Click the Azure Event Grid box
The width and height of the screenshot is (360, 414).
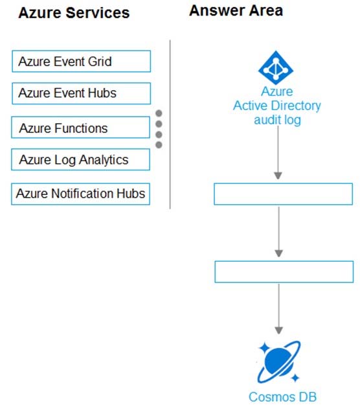click(82, 62)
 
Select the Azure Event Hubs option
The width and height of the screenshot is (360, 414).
click(82, 93)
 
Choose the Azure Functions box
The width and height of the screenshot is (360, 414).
click(80, 127)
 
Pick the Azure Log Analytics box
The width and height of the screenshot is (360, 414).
click(80, 159)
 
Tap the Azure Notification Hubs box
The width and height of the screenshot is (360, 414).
click(80, 194)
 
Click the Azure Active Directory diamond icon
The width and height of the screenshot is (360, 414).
click(276, 68)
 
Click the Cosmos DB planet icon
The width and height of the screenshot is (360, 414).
click(278, 362)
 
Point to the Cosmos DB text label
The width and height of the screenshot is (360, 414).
click(282, 397)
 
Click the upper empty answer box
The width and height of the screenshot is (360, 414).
click(283, 194)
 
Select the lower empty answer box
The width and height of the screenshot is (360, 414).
click(284, 271)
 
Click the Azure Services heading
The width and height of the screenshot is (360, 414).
click(74, 13)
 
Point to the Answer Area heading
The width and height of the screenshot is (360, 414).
click(236, 10)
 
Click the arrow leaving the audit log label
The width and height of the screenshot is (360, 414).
click(278, 153)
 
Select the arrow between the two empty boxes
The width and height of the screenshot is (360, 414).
click(278, 232)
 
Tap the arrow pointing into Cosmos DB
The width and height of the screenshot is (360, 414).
click(278, 309)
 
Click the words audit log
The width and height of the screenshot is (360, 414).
click(277, 120)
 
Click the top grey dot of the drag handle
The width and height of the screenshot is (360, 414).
click(159, 113)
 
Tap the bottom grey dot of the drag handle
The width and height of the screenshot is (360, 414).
click(159, 144)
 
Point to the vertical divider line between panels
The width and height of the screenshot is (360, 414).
click(170, 124)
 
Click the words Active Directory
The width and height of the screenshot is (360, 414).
click(277, 106)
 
